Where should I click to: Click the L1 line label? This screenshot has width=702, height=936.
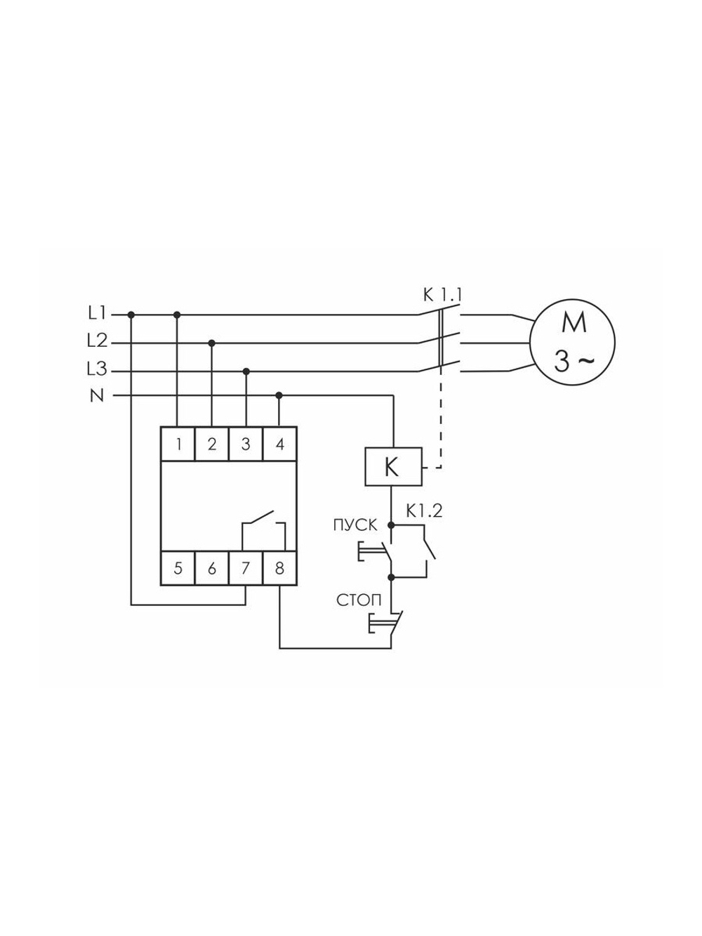(97, 313)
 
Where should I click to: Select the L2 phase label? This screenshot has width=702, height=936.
(97, 341)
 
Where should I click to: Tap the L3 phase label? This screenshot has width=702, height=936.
(97, 369)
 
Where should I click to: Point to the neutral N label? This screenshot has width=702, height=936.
(97, 396)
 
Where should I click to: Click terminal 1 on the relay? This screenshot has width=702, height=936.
(178, 444)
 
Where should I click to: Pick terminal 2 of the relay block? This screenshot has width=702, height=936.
(212, 444)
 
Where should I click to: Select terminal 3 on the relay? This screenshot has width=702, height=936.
(246, 444)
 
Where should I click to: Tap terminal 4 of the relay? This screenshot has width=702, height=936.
(279, 444)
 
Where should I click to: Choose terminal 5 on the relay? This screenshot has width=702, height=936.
(178, 568)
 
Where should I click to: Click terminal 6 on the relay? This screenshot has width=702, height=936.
(212, 568)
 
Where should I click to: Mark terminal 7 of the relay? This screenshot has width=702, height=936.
(246, 568)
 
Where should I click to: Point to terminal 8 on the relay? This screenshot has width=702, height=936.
(279, 568)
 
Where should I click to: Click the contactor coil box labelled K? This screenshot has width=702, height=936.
(393, 466)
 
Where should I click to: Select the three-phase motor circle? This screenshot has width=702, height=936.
(572, 341)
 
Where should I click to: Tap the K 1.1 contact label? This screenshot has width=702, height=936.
(442, 295)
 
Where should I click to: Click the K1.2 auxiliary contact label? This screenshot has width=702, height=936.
(424, 511)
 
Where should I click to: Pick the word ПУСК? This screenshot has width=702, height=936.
(355, 526)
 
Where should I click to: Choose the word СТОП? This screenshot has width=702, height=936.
(359, 600)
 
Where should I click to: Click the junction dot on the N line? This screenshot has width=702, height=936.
(279, 396)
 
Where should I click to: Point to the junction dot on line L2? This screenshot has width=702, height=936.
(212, 343)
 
